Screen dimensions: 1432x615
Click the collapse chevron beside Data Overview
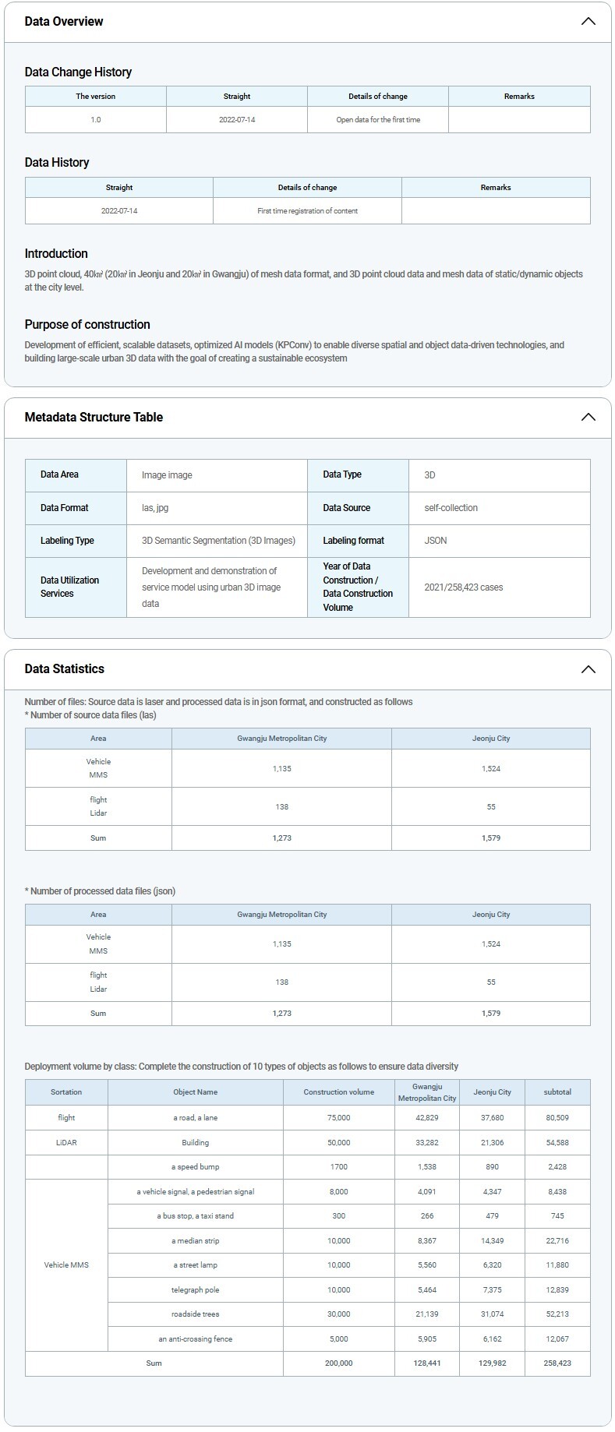click(588, 22)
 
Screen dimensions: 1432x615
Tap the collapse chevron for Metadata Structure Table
click(588, 418)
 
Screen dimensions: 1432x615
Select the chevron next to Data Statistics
click(588, 669)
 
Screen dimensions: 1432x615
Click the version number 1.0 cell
click(96, 120)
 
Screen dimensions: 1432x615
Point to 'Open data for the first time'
click(378, 120)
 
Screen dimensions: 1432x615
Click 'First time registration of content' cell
click(307, 211)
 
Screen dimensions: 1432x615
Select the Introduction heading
click(56, 254)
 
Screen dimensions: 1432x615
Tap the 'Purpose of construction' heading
click(87, 325)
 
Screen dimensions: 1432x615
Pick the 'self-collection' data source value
click(451, 508)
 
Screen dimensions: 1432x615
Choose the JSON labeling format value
click(436, 541)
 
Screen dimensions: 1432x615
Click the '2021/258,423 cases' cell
click(464, 587)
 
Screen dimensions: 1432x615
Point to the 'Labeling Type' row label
click(67, 541)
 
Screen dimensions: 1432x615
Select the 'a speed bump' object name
click(196, 1167)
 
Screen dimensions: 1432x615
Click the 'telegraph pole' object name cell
click(196, 1290)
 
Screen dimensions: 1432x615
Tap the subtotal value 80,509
click(557, 1118)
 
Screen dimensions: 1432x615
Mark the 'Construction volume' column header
click(339, 1092)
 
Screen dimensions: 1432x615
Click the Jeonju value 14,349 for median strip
click(492, 1241)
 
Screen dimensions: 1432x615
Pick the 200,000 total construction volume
click(339, 1363)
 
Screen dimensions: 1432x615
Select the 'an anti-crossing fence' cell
click(196, 1339)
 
